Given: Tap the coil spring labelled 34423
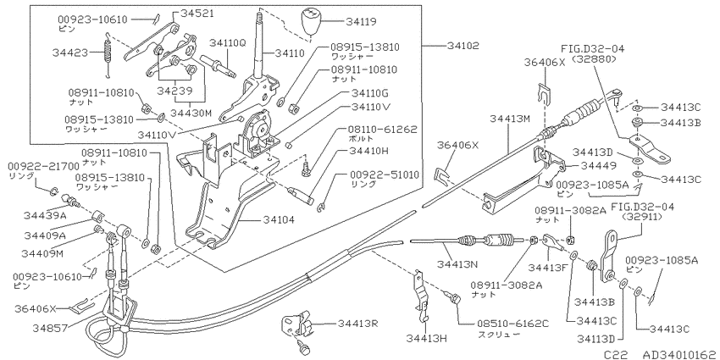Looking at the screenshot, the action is point(108,54).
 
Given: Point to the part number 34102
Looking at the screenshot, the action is point(462,46).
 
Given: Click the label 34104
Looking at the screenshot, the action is point(279,219).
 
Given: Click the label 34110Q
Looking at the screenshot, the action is point(228,42).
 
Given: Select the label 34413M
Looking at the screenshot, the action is point(510,119).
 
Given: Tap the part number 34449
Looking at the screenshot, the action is point(585,164).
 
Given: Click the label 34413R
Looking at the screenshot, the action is point(358,324).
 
